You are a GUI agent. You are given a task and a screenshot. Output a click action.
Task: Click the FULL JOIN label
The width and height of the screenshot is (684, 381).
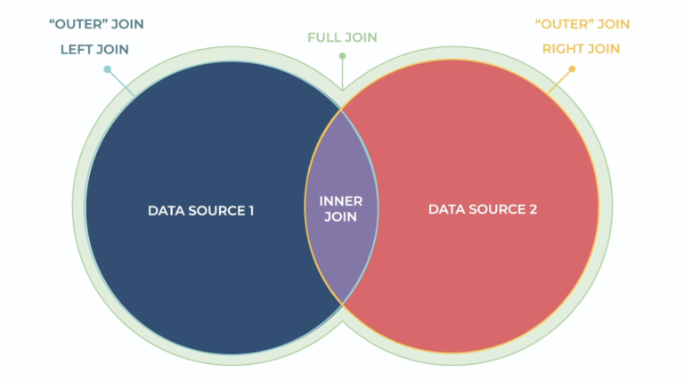point(342,37)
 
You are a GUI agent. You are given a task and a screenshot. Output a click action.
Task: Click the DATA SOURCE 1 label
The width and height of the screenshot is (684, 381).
point(201,210)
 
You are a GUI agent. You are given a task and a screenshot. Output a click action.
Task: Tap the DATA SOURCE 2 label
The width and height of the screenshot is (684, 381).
point(483,210)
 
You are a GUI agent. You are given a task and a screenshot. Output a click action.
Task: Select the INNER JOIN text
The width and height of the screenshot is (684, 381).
point(341,210)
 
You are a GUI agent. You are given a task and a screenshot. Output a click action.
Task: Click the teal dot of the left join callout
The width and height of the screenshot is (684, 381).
point(107,69)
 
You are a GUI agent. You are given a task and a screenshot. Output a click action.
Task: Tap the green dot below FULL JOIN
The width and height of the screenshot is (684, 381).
point(342,56)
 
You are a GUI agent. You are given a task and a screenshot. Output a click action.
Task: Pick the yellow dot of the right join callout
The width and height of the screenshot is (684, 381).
point(572,69)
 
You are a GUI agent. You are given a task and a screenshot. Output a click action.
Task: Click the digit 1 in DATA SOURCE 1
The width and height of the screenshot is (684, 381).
point(251,210)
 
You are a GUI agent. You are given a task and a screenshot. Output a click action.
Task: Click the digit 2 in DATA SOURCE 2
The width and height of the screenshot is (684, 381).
point(533,210)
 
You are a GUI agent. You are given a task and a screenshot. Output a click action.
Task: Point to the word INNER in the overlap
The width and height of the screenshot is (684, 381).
point(341,202)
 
